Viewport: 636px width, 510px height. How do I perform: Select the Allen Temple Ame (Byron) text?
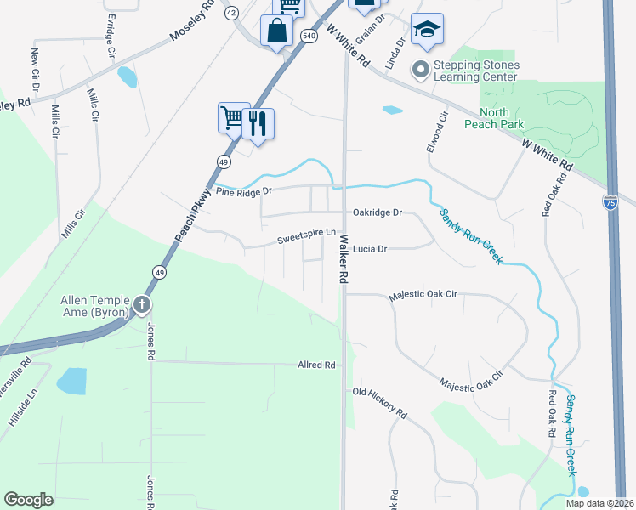[94, 306]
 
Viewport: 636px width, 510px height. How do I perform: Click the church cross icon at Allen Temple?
[142, 304]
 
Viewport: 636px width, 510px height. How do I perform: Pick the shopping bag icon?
[277, 33]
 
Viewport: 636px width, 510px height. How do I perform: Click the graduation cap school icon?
[426, 30]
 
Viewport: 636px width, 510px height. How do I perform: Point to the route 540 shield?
[309, 34]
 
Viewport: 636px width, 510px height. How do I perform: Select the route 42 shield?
[231, 12]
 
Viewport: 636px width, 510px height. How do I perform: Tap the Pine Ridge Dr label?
[244, 191]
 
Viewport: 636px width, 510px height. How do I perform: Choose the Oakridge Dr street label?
[377, 212]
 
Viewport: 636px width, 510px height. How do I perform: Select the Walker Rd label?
[344, 259]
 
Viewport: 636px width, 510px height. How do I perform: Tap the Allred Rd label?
[317, 365]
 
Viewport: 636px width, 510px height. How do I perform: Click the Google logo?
[29, 500]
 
